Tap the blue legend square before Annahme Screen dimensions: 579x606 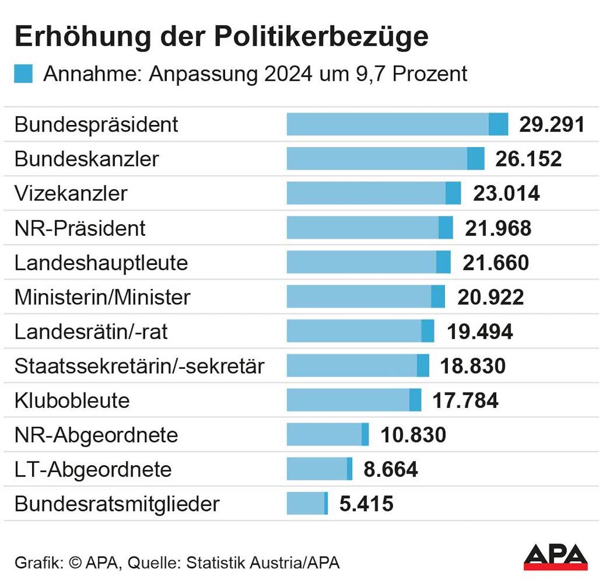(24, 74)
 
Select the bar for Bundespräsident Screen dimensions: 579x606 (396, 124)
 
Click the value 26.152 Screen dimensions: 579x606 (529, 159)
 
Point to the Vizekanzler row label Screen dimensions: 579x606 (71, 194)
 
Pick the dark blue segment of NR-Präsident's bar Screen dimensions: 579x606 (445, 228)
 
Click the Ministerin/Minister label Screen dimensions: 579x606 (102, 297)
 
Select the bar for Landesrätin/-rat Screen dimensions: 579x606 (360, 331)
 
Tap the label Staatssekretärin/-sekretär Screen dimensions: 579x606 (139, 366)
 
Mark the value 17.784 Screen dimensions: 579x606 (465, 400)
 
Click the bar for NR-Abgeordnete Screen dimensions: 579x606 (327, 435)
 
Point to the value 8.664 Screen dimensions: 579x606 (391, 470)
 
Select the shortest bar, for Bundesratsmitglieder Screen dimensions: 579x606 (307, 504)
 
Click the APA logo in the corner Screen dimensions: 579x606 (555, 557)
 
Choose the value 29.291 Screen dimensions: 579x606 (551, 124)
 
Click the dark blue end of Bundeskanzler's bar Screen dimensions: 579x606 (475, 159)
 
